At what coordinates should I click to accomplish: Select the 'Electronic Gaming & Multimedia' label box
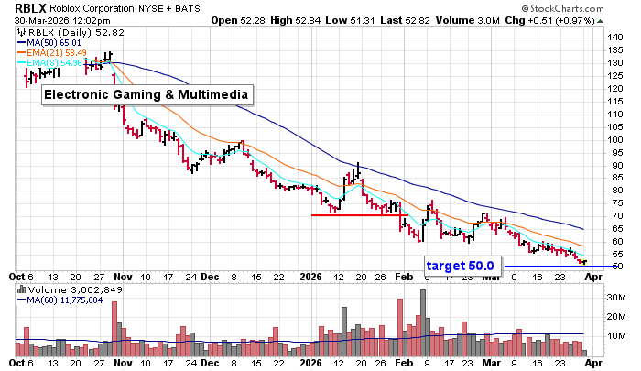point(147,94)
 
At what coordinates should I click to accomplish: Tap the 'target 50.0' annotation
point(460,266)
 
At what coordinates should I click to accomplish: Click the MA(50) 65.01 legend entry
point(52,42)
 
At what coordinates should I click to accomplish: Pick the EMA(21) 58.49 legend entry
point(55,53)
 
